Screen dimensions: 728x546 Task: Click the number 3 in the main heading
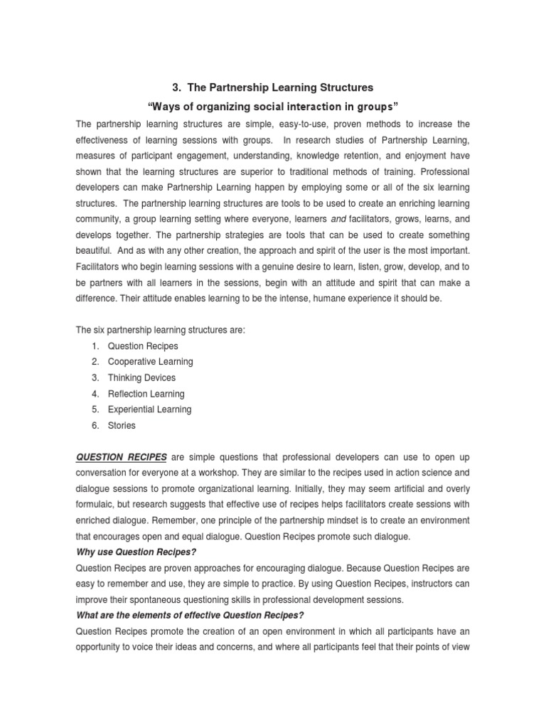(x=176, y=87)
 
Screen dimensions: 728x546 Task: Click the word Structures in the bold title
(x=343, y=87)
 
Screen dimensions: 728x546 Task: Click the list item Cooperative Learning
(x=150, y=362)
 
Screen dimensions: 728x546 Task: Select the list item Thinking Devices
(x=141, y=378)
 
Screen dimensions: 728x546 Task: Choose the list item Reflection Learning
(x=146, y=394)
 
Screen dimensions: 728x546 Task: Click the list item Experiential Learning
(x=149, y=409)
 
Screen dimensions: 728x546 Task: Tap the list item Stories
(x=122, y=426)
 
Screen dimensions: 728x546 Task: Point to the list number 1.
(x=94, y=346)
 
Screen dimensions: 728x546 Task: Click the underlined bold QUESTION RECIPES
(x=122, y=457)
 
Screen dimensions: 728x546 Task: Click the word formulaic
(x=97, y=505)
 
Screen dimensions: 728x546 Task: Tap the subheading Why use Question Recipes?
(x=135, y=552)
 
